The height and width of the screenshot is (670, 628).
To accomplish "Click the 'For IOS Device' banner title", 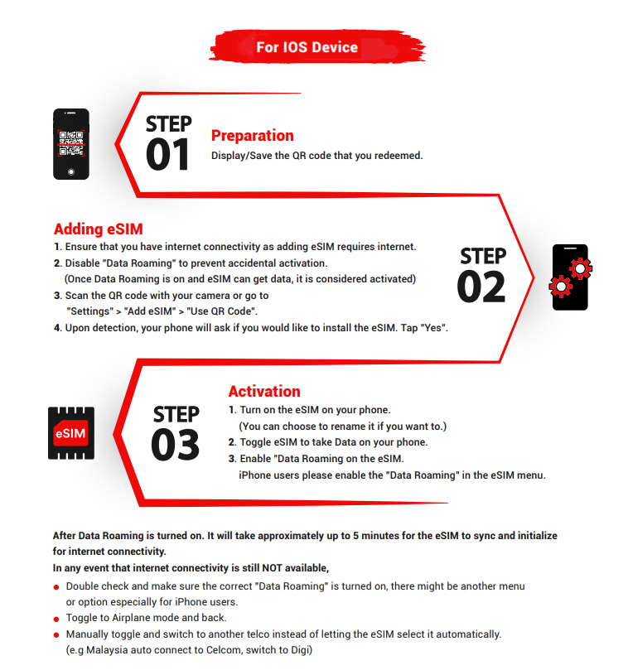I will [307, 47].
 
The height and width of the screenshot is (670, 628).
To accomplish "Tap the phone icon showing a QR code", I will [71, 143].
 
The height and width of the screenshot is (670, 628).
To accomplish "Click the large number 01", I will [168, 155].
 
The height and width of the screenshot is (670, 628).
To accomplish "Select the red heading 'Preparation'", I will [252, 136].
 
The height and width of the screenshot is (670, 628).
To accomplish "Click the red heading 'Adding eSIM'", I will [99, 229].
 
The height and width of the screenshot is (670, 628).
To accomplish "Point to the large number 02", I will [481, 287].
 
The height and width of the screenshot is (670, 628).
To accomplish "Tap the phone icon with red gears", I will [571, 277].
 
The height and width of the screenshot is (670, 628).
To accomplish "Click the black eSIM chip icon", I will [71, 433].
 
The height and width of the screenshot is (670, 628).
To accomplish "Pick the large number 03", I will [175, 445].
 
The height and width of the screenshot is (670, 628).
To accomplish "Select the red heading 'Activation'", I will [264, 392].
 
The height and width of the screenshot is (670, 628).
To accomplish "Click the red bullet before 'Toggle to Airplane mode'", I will [56, 618].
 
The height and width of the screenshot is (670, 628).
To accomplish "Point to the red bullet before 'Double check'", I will [56, 586].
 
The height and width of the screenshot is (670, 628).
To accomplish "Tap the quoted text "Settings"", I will [91, 311].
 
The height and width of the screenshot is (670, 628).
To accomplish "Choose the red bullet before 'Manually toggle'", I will [56, 634].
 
